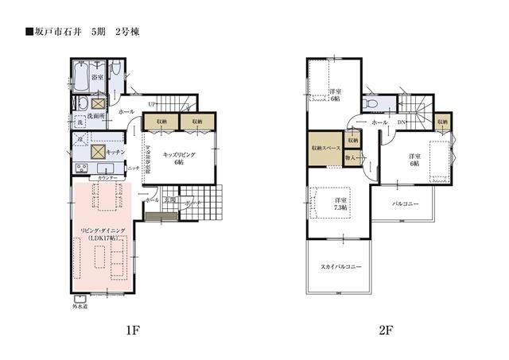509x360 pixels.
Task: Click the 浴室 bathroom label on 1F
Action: point(97,77)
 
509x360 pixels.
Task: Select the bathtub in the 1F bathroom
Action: point(80,79)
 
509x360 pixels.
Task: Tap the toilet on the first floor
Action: point(115,75)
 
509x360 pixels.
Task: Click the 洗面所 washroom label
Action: point(97,116)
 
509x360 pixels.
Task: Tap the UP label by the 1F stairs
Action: point(152,104)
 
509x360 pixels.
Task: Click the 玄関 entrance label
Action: point(170,199)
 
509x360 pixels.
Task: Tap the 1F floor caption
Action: point(132,331)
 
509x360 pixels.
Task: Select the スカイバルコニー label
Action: point(341,266)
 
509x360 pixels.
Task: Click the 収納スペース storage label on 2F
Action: point(325,149)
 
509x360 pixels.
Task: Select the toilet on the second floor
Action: point(371,104)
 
